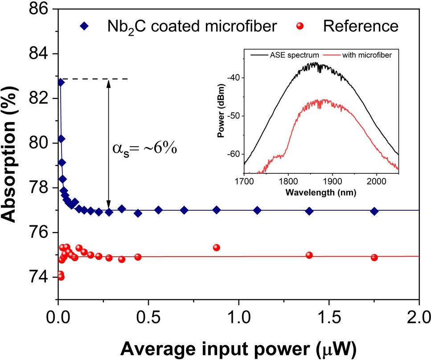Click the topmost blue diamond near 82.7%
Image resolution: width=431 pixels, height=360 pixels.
tap(61, 82)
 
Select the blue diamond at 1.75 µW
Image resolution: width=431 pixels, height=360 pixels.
tap(374, 211)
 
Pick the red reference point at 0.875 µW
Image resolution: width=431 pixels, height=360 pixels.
tap(217, 248)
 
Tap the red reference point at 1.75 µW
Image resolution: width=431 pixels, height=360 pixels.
tap(374, 258)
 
